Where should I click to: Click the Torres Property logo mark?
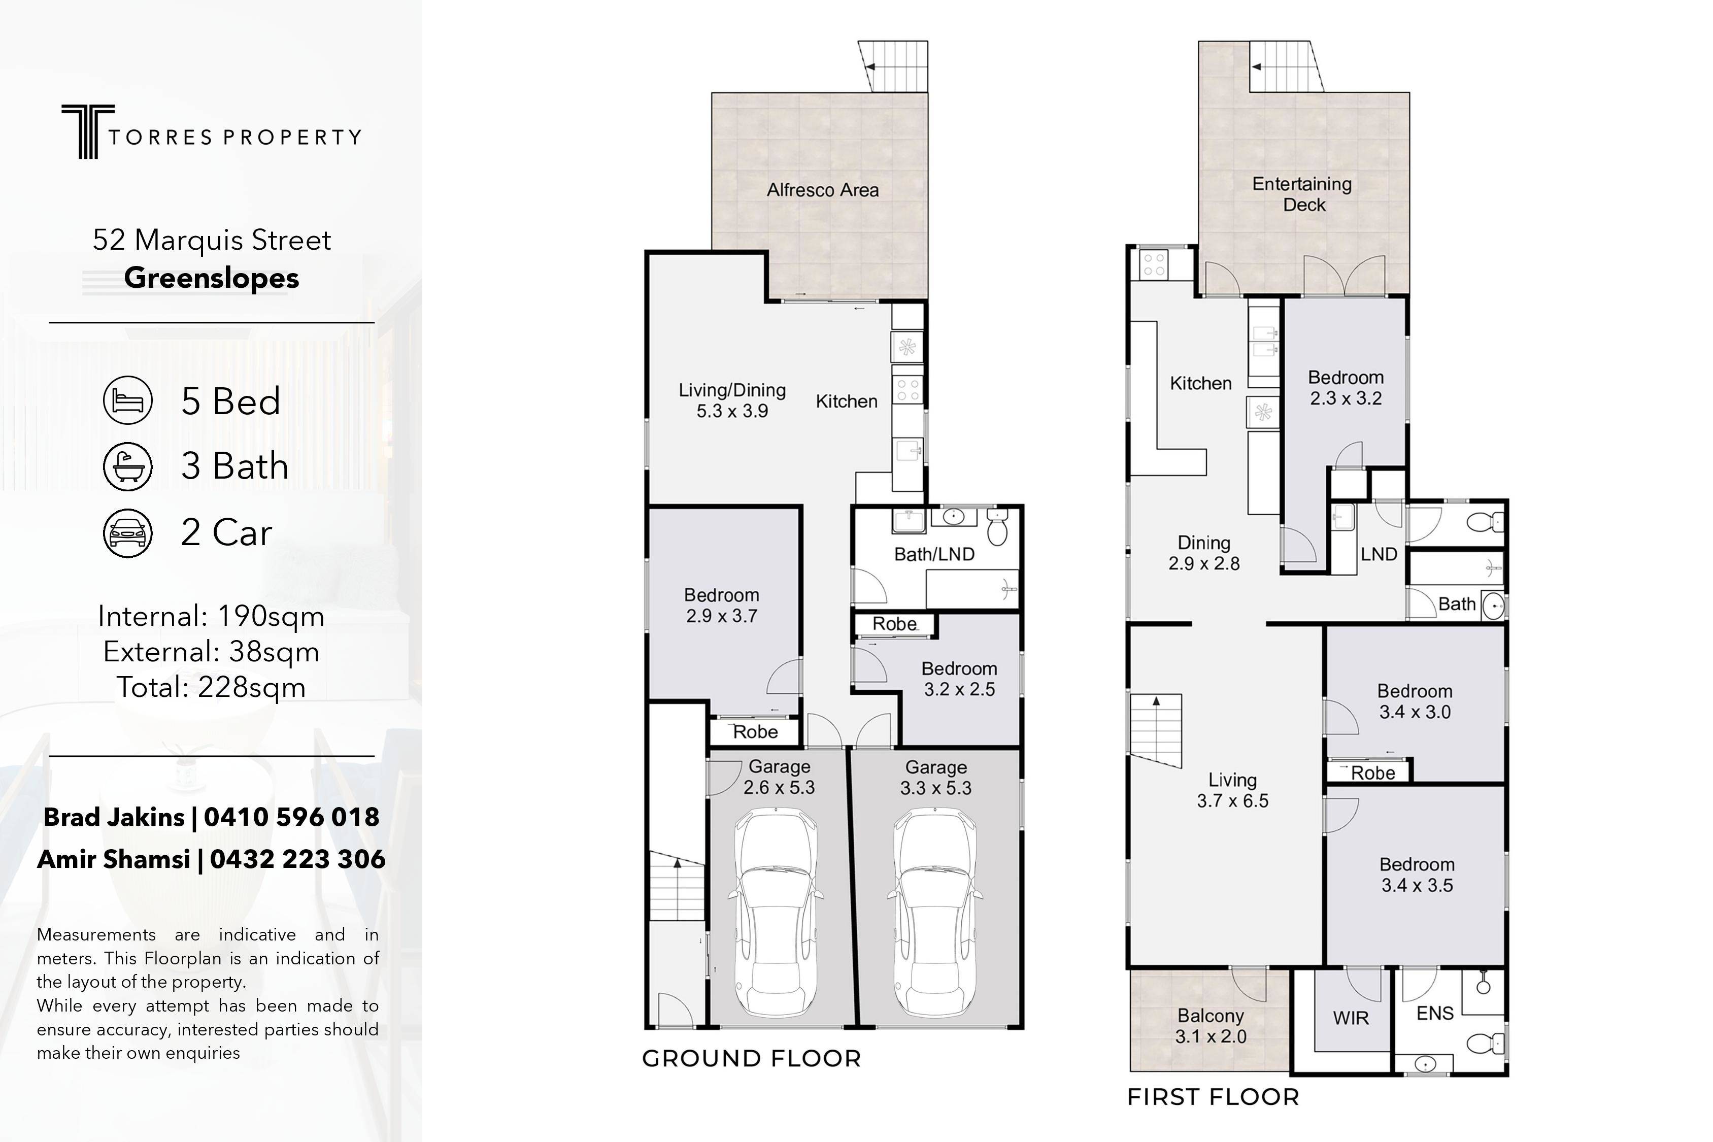coord(87,131)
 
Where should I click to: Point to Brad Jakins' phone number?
coord(291,817)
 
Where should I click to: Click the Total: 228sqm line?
coord(211,688)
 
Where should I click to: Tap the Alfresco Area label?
coord(823,190)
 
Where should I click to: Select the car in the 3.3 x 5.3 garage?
coord(934,915)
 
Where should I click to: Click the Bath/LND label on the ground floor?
coord(934,554)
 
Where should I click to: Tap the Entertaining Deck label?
coord(1302,194)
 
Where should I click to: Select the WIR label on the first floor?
coord(1351,1018)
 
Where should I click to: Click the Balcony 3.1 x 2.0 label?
coord(1211,1026)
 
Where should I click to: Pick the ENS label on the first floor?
coord(1435,1013)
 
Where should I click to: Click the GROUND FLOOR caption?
coord(752,1058)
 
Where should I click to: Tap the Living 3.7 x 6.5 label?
coord(1232,790)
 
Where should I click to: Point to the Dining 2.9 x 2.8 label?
coord(1204,553)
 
